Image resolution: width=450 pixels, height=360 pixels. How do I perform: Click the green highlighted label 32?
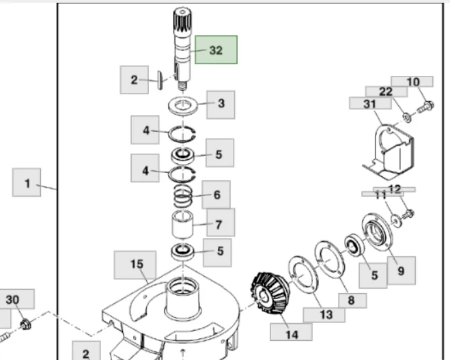pos(216,50)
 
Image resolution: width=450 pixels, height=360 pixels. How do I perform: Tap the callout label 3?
pos(221,104)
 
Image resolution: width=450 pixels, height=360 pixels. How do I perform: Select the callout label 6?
pos(216,195)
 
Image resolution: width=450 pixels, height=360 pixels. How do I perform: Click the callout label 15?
pos(136,264)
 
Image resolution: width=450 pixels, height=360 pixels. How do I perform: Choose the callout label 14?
pos(292,334)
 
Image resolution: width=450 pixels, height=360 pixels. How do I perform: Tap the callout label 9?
pos(401,270)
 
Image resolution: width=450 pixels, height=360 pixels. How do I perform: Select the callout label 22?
pos(386,92)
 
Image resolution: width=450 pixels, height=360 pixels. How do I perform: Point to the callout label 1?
pos(27,183)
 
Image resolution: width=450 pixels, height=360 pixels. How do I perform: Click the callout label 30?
pos(12,299)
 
